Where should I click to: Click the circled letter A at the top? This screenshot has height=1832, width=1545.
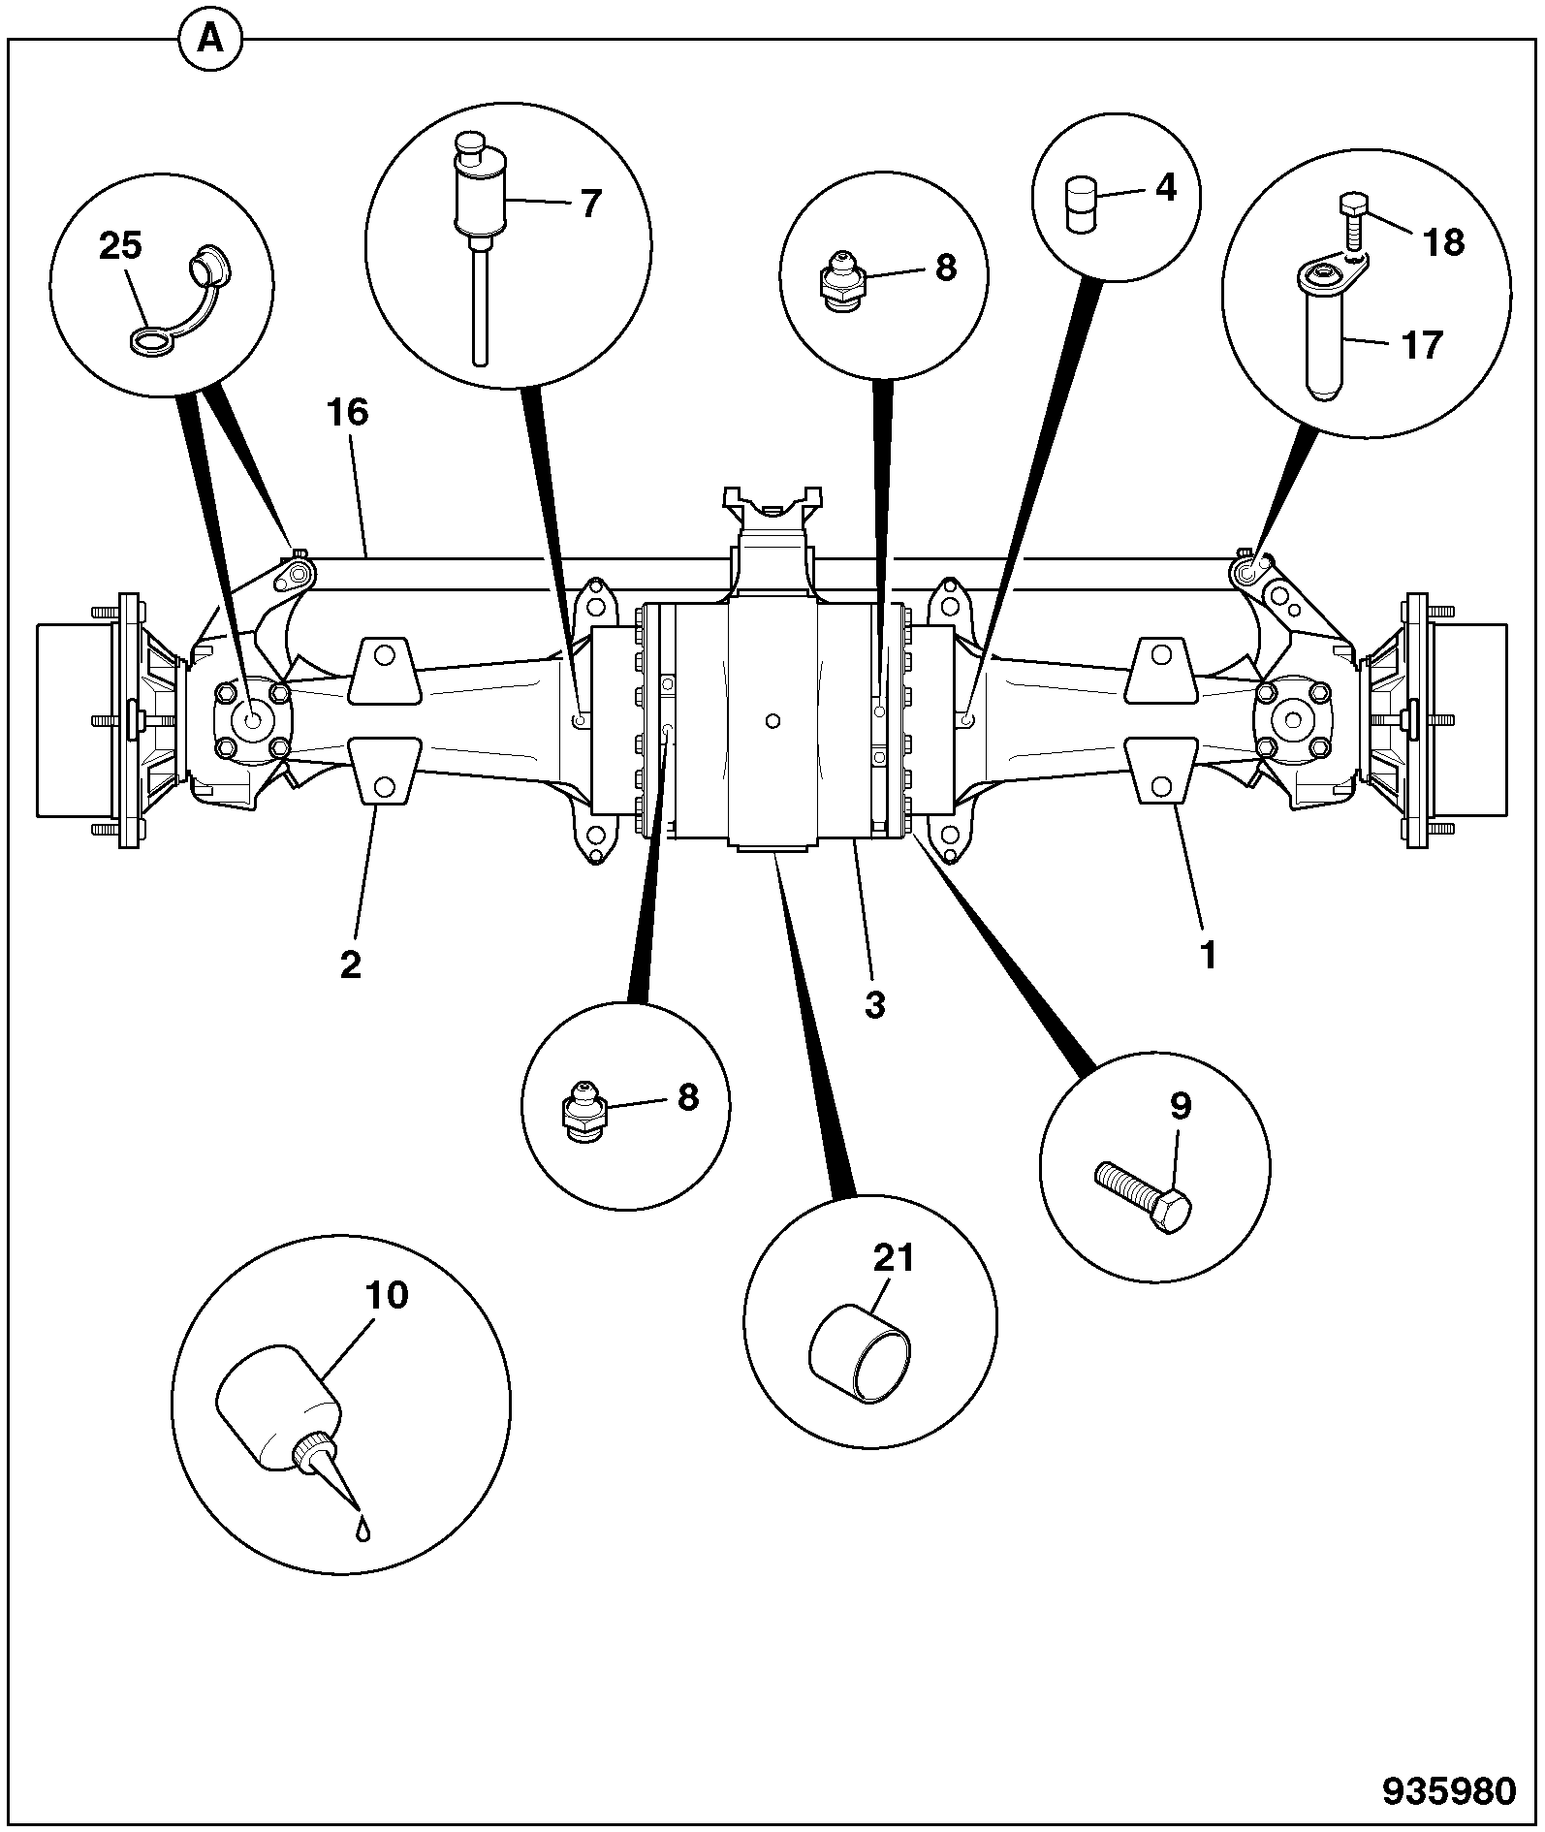click(x=209, y=41)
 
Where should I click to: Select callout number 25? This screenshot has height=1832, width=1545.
click(x=120, y=246)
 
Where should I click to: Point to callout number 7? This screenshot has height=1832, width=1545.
click(x=590, y=204)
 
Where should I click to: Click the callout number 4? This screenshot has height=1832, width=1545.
click(x=1166, y=188)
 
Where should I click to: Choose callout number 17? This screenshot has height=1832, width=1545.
click(x=1423, y=344)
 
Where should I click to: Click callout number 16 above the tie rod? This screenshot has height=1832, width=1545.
click(x=348, y=413)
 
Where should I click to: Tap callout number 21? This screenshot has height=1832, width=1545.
click(x=894, y=1258)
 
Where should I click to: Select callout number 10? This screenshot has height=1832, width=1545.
click(x=388, y=1295)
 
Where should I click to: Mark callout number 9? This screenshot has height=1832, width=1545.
click(x=1180, y=1106)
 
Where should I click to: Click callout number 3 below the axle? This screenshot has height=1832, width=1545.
click(x=875, y=1005)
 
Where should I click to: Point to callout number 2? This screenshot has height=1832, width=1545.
click(x=350, y=964)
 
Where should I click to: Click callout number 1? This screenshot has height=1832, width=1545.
click(x=1208, y=957)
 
